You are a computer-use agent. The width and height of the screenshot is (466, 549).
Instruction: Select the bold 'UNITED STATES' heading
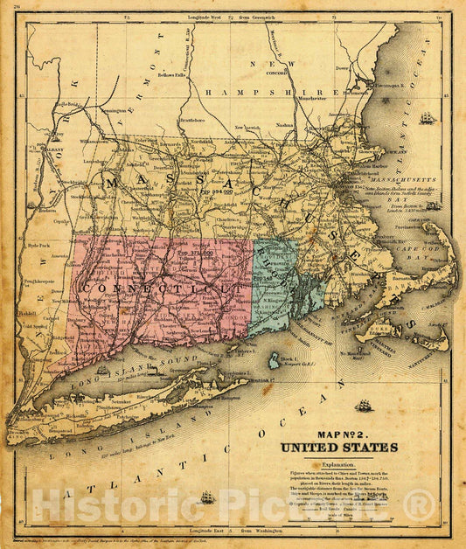point(338,448)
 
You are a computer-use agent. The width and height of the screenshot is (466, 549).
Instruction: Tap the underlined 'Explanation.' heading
point(338,464)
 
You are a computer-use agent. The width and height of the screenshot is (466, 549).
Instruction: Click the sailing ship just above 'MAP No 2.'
point(364,406)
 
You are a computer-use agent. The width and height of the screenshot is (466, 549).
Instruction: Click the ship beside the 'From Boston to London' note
point(432,206)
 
